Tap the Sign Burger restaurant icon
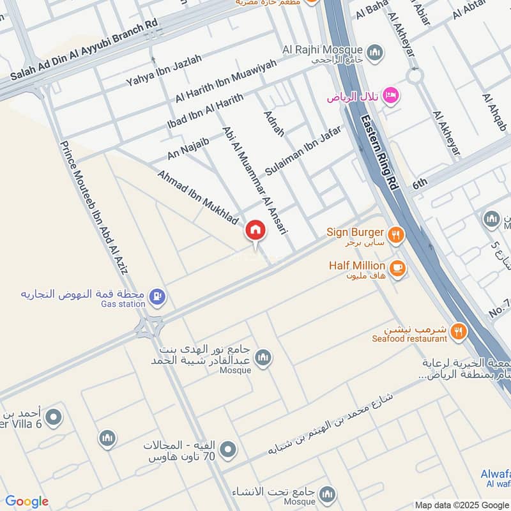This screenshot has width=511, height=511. (x=396, y=236)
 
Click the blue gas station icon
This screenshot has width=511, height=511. (x=156, y=296)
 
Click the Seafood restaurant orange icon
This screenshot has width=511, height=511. (x=457, y=331)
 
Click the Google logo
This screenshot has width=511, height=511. (x=26, y=501)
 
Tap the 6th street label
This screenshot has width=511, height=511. (x=419, y=184)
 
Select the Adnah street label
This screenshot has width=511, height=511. (x=274, y=123)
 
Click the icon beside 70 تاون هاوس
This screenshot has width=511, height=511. (x=227, y=450)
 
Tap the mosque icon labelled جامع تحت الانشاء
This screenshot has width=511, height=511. (x=327, y=494)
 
